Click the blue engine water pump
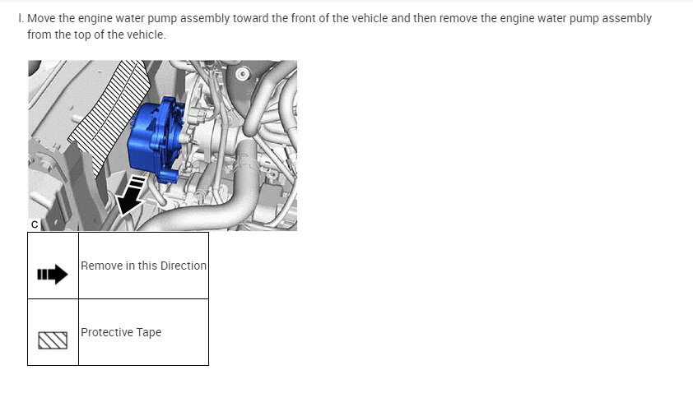[155, 141]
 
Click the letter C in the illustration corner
[35, 224]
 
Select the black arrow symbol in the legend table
[53, 275]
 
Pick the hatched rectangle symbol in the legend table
[53, 340]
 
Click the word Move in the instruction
[41, 19]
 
